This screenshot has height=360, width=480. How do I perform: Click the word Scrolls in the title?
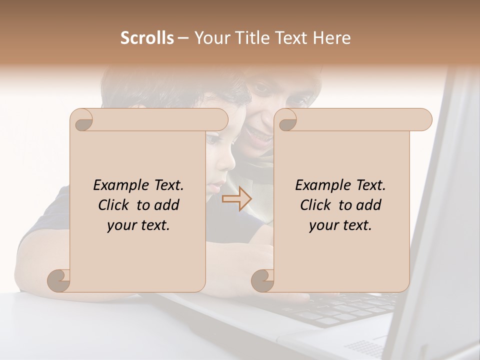(x=147, y=38)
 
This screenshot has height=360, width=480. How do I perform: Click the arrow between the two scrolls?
(x=237, y=199)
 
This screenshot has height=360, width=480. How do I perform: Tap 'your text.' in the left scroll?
(x=138, y=225)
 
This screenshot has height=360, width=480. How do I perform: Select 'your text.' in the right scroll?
(x=340, y=225)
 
